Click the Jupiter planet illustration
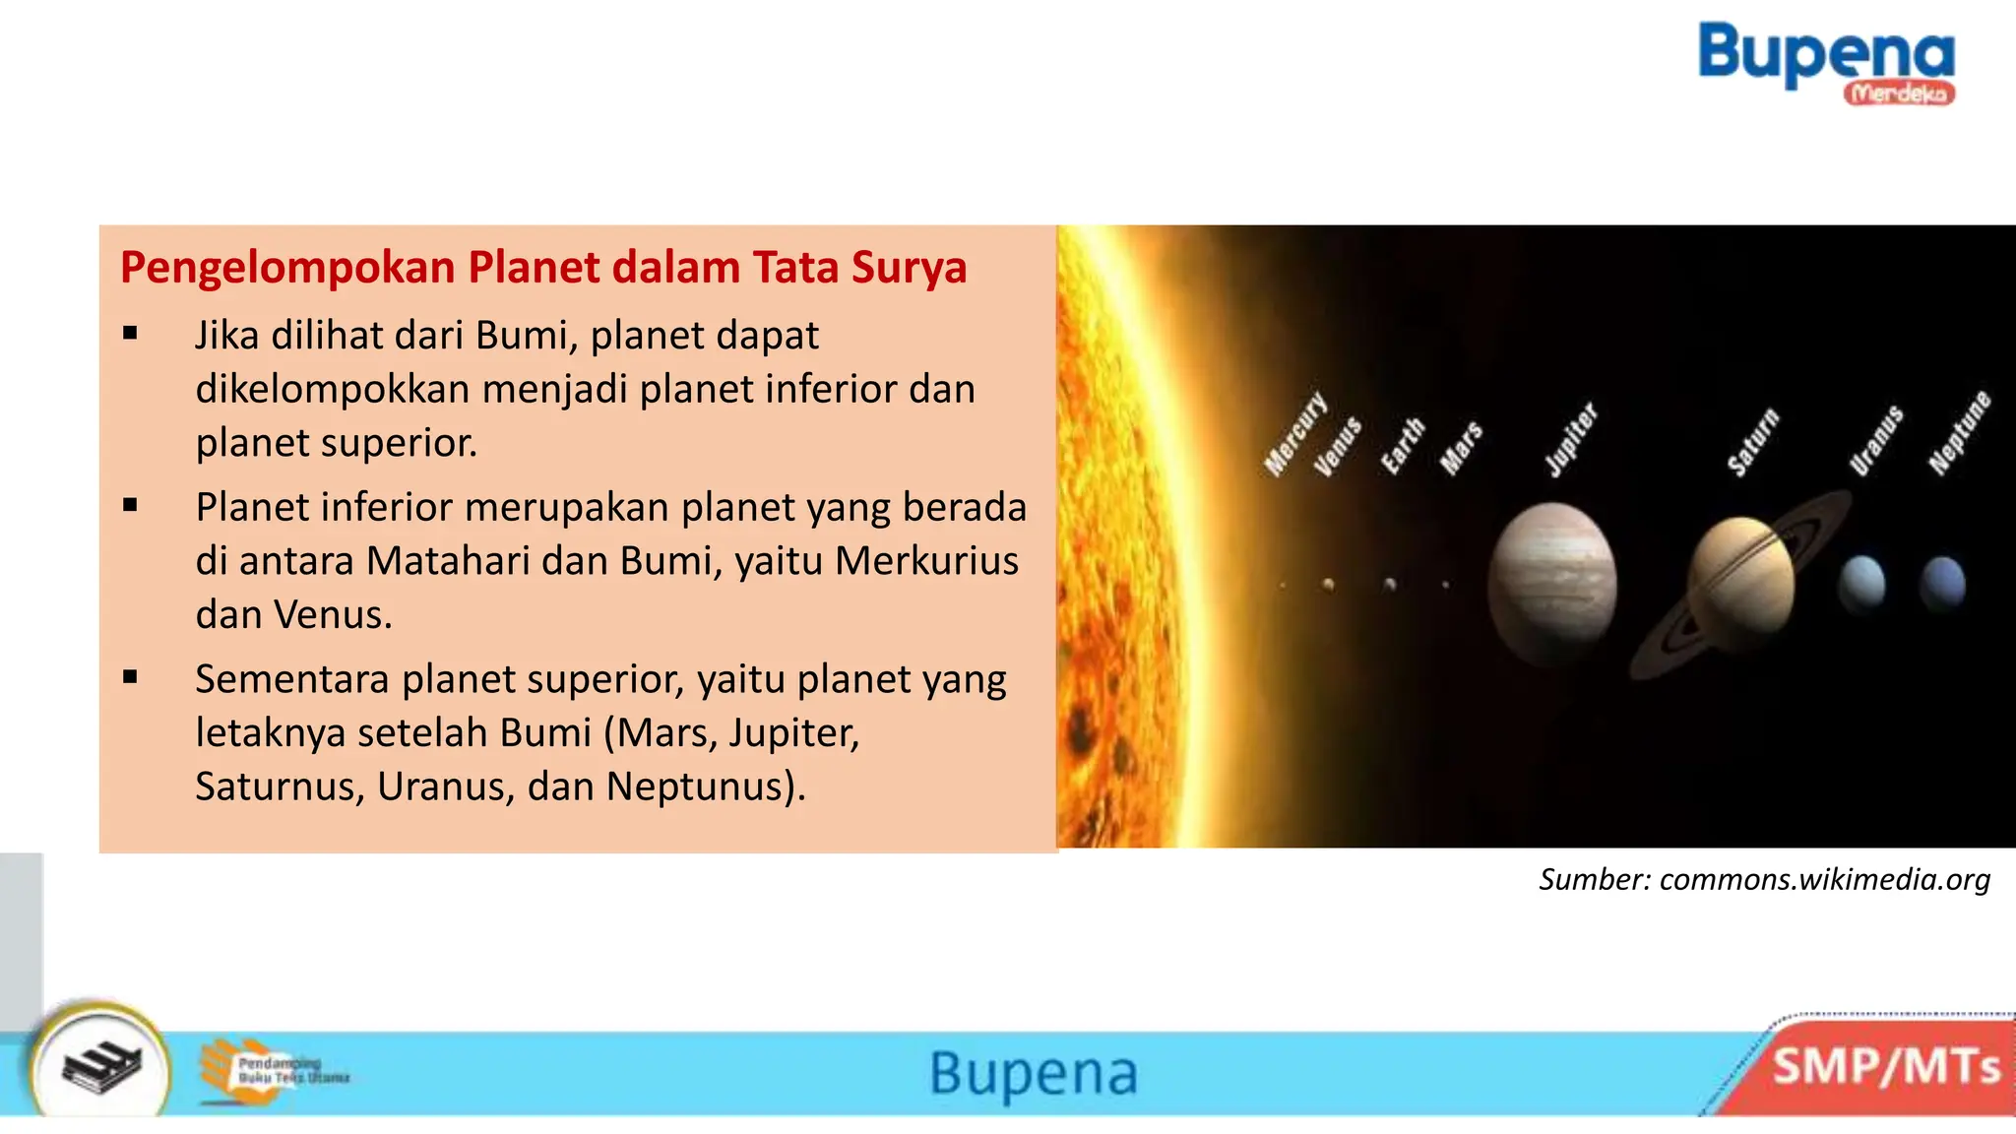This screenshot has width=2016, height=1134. coord(1551,583)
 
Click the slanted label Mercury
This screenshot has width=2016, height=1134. coord(1295,434)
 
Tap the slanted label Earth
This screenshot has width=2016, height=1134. coord(1402,445)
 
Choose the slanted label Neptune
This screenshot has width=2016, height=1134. coord(1960,433)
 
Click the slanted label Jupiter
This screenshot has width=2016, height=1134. coord(1571,439)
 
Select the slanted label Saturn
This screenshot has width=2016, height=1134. coord(1753,443)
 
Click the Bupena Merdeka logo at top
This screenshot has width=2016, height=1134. coord(1827,61)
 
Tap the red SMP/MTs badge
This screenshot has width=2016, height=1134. coord(1885,1067)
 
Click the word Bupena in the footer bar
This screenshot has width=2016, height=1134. coord(1034,1073)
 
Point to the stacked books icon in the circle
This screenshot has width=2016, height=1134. coord(101,1068)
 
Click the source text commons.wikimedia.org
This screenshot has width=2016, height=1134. coord(1824,879)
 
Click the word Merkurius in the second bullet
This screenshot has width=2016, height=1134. coord(926,561)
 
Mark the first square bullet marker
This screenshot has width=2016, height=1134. coord(130,334)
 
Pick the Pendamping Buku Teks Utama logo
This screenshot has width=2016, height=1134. coord(275,1070)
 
